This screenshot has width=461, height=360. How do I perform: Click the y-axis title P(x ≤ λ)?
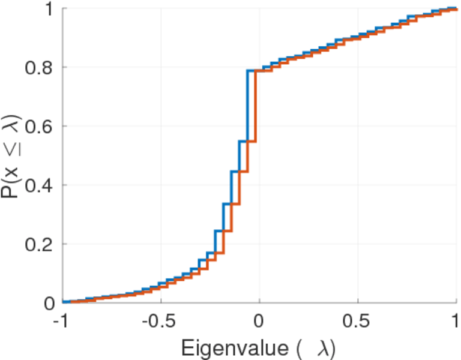tap(12, 155)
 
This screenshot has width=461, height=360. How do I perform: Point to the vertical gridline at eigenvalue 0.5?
tap(358, 180)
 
